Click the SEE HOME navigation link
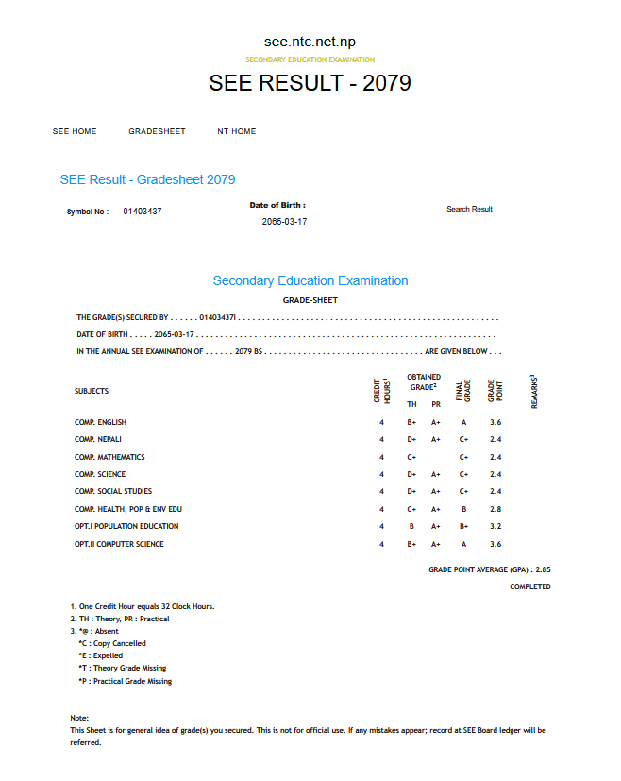pyautogui.click(x=75, y=131)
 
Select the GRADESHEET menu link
pyautogui.click(x=157, y=131)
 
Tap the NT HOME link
pyautogui.click(x=237, y=131)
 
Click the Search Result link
pyautogui.click(x=469, y=209)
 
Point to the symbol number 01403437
pyautogui.click(x=143, y=212)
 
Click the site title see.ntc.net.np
pyautogui.click(x=310, y=42)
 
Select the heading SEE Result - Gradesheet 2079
pyautogui.click(x=148, y=179)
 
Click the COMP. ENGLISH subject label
pyautogui.click(x=100, y=422)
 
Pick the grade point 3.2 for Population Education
pyautogui.click(x=495, y=526)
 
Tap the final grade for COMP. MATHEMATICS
pyautogui.click(x=463, y=457)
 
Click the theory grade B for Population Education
pyautogui.click(x=411, y=526)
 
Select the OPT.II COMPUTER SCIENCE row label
pyautogui.click(x=119, y=544)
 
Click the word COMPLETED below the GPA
pyautogui.click(x=530, y=586)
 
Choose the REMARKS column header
pyautogui.click(x=534, y=391)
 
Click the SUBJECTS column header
pyautogui.click(x=92, y=391)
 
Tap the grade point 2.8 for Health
pyautogui.click(x=495, y=509)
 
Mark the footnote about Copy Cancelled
pyautogui.click(x=112, y=643)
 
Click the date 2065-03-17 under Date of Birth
pyautogui.click(x=284, y=222)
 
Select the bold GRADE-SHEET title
pyautogui.click(x=310, y=300)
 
